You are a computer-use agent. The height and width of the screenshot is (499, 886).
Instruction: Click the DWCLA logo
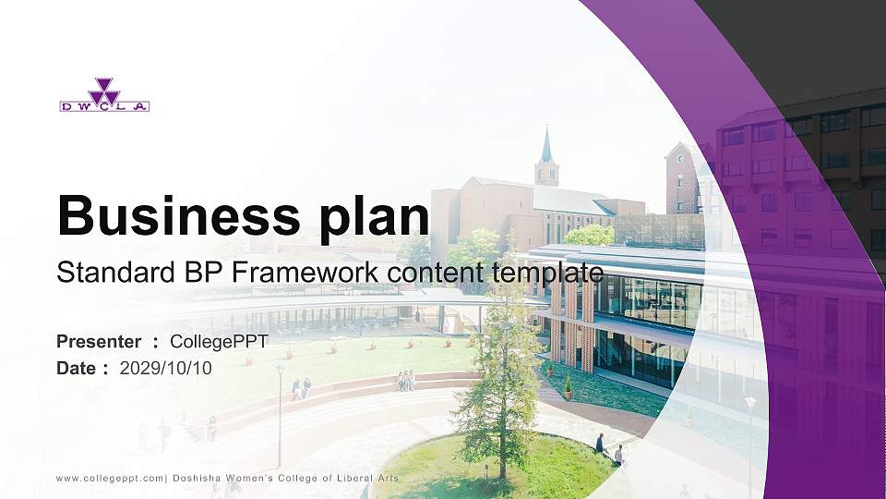(104, 95)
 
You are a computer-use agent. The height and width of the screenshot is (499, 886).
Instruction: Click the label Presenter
(99, 342)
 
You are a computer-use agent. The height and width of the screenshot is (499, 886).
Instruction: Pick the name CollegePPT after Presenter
(219, 342)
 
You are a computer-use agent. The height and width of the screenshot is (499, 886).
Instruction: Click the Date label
(77, 368)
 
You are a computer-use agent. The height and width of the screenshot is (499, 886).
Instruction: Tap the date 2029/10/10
(166, 368)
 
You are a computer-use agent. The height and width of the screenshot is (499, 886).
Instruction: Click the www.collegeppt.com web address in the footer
(110, 478)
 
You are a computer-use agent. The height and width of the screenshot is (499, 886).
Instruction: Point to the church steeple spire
(546, 145)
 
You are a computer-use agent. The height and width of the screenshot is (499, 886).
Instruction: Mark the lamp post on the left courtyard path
(280, 416)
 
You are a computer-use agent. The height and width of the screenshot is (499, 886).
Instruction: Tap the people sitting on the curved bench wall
(405, 380)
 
